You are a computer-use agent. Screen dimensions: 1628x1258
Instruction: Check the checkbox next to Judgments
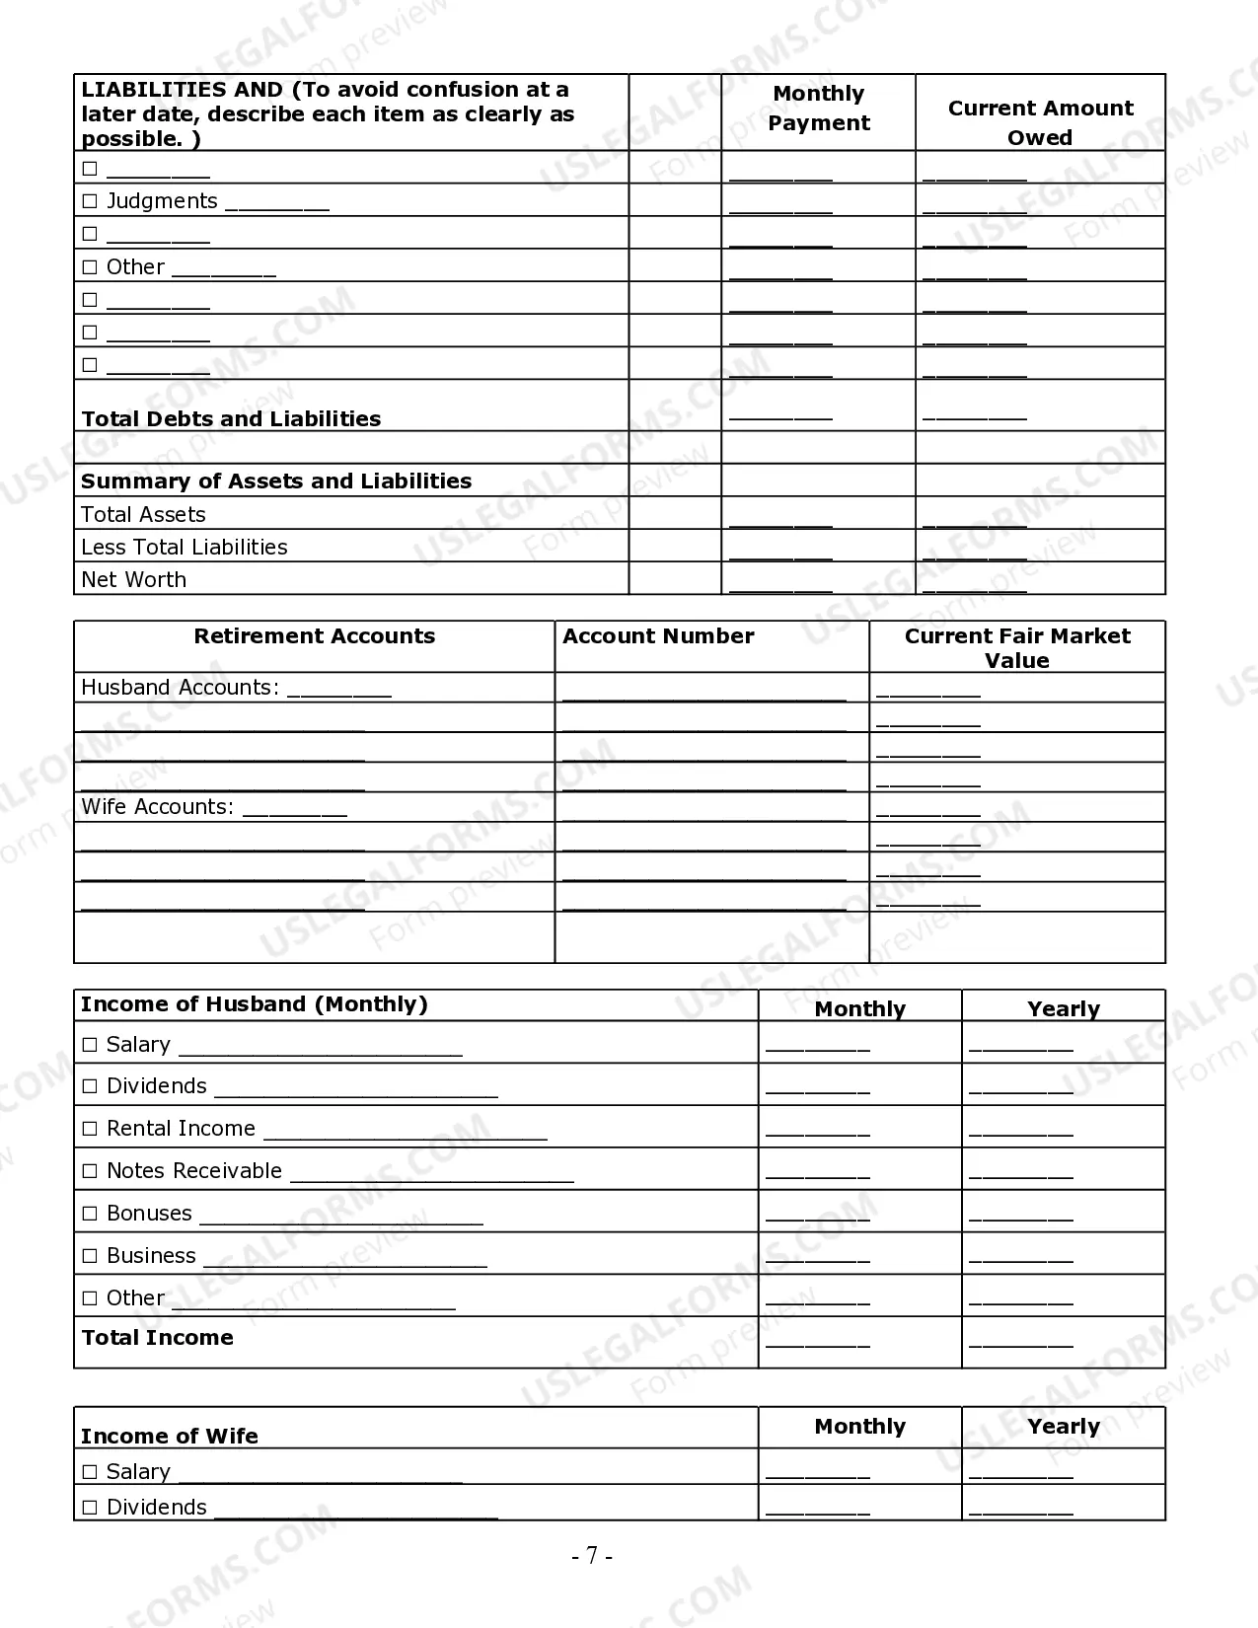[90, 201]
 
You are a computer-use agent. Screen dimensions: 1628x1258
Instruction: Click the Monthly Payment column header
[818, 109]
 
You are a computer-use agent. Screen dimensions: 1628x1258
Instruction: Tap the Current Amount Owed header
[1040, 122]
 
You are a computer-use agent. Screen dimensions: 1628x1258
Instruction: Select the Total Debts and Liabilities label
[231, 418]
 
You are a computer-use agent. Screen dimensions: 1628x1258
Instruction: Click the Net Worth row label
[133, 579]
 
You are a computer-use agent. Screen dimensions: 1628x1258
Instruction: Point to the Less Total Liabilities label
[185, 547]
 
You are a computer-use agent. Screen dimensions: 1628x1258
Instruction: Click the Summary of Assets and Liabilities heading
[276, 481]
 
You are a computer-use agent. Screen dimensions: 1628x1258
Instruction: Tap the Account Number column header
[658, 636]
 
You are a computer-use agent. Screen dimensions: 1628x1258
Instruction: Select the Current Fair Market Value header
[1016, 648]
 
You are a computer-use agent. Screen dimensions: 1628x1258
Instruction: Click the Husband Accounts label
[180, 688]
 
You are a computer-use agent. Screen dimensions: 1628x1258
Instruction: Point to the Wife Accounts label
[157, 807]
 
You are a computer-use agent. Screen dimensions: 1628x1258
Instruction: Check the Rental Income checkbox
[90, 1129]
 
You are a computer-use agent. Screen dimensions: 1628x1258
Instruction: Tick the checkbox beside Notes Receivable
[90, 1171]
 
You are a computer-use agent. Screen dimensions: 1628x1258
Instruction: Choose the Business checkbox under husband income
[90, 1256]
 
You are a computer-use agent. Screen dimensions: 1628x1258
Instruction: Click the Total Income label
[158, 1338]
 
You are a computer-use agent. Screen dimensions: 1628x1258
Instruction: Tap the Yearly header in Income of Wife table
[1063, 1427]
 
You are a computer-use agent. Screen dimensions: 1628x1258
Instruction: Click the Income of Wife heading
[170, 1437]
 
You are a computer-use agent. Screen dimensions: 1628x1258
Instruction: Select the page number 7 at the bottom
[592, 1556]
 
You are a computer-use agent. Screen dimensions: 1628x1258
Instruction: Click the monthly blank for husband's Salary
[817, 1048]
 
